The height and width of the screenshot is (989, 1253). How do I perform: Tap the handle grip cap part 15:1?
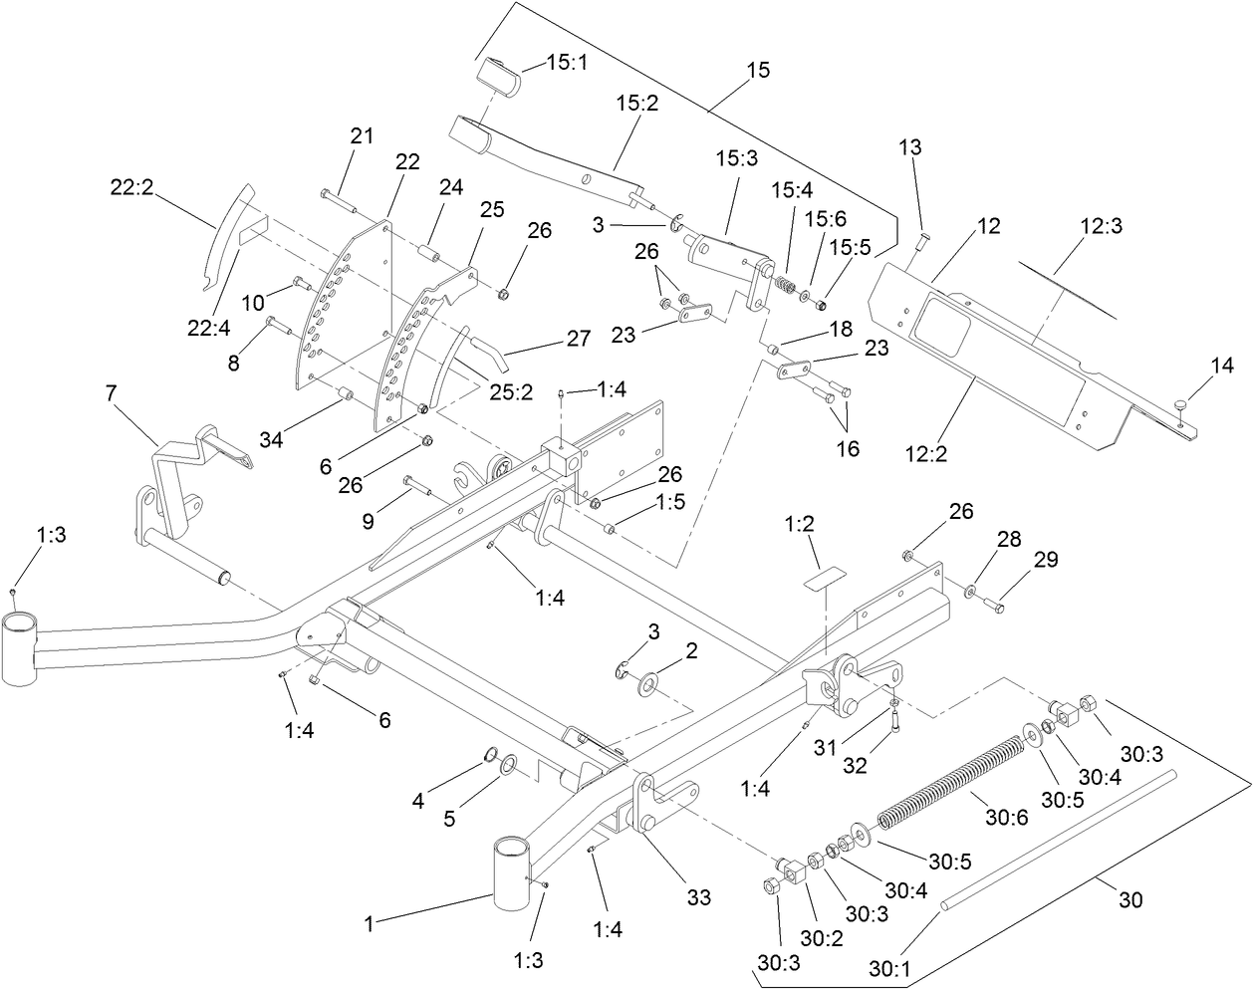tap(500, 79)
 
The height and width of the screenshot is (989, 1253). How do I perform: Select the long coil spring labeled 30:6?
tap(951, 777)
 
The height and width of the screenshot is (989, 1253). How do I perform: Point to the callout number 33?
tap(698, 897)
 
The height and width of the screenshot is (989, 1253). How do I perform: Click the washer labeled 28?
tap(970, 592)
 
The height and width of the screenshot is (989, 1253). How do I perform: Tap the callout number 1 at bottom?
tap(368, 924)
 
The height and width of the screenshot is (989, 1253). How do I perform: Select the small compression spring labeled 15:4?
tap(786, 284)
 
